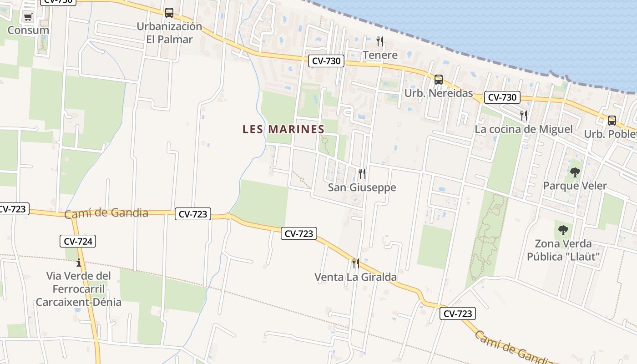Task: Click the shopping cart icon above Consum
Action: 28,17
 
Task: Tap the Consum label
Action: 28,30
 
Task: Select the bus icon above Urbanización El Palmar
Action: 169,13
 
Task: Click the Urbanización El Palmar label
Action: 169,33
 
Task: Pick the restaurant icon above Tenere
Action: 380,41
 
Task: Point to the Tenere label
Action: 380,55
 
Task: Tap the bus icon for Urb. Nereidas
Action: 438,80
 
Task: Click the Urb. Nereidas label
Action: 439,93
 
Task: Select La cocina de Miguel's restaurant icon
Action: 524,115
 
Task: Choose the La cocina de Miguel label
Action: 524,129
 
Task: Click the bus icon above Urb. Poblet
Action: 612,121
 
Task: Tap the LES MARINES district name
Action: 283,129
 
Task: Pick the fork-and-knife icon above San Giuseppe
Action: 362,173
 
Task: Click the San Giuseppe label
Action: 362,187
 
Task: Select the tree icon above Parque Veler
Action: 575,172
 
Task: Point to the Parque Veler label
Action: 575,186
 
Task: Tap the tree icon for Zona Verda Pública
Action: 563,230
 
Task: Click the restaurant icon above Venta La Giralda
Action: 356,263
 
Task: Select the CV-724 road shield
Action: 78,241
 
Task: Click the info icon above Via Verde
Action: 79,263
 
